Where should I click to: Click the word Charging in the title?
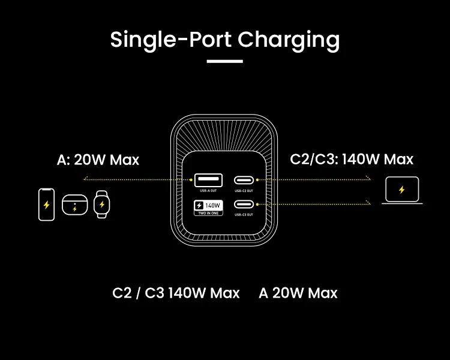point(289,40)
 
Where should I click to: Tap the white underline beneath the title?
point(225,61)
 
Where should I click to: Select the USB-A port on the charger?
point(208,179)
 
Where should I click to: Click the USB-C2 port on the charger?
point(244,179)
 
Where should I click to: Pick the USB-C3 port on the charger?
point(244,204)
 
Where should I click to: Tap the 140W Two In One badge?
point(208,207)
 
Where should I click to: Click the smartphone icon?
point(46,205)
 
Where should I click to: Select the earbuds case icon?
point(74,205)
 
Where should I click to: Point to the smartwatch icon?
point(103,205)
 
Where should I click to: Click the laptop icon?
point(402,191)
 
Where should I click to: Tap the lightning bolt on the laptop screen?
point(402,190)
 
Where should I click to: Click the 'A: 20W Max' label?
point(98,160)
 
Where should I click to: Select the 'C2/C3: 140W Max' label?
point(352,159)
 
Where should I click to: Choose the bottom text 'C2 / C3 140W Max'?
point(176,293)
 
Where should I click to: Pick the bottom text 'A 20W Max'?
point(298,293)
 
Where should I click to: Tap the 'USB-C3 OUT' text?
point(244,214)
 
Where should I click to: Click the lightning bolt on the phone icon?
point(46,205)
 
